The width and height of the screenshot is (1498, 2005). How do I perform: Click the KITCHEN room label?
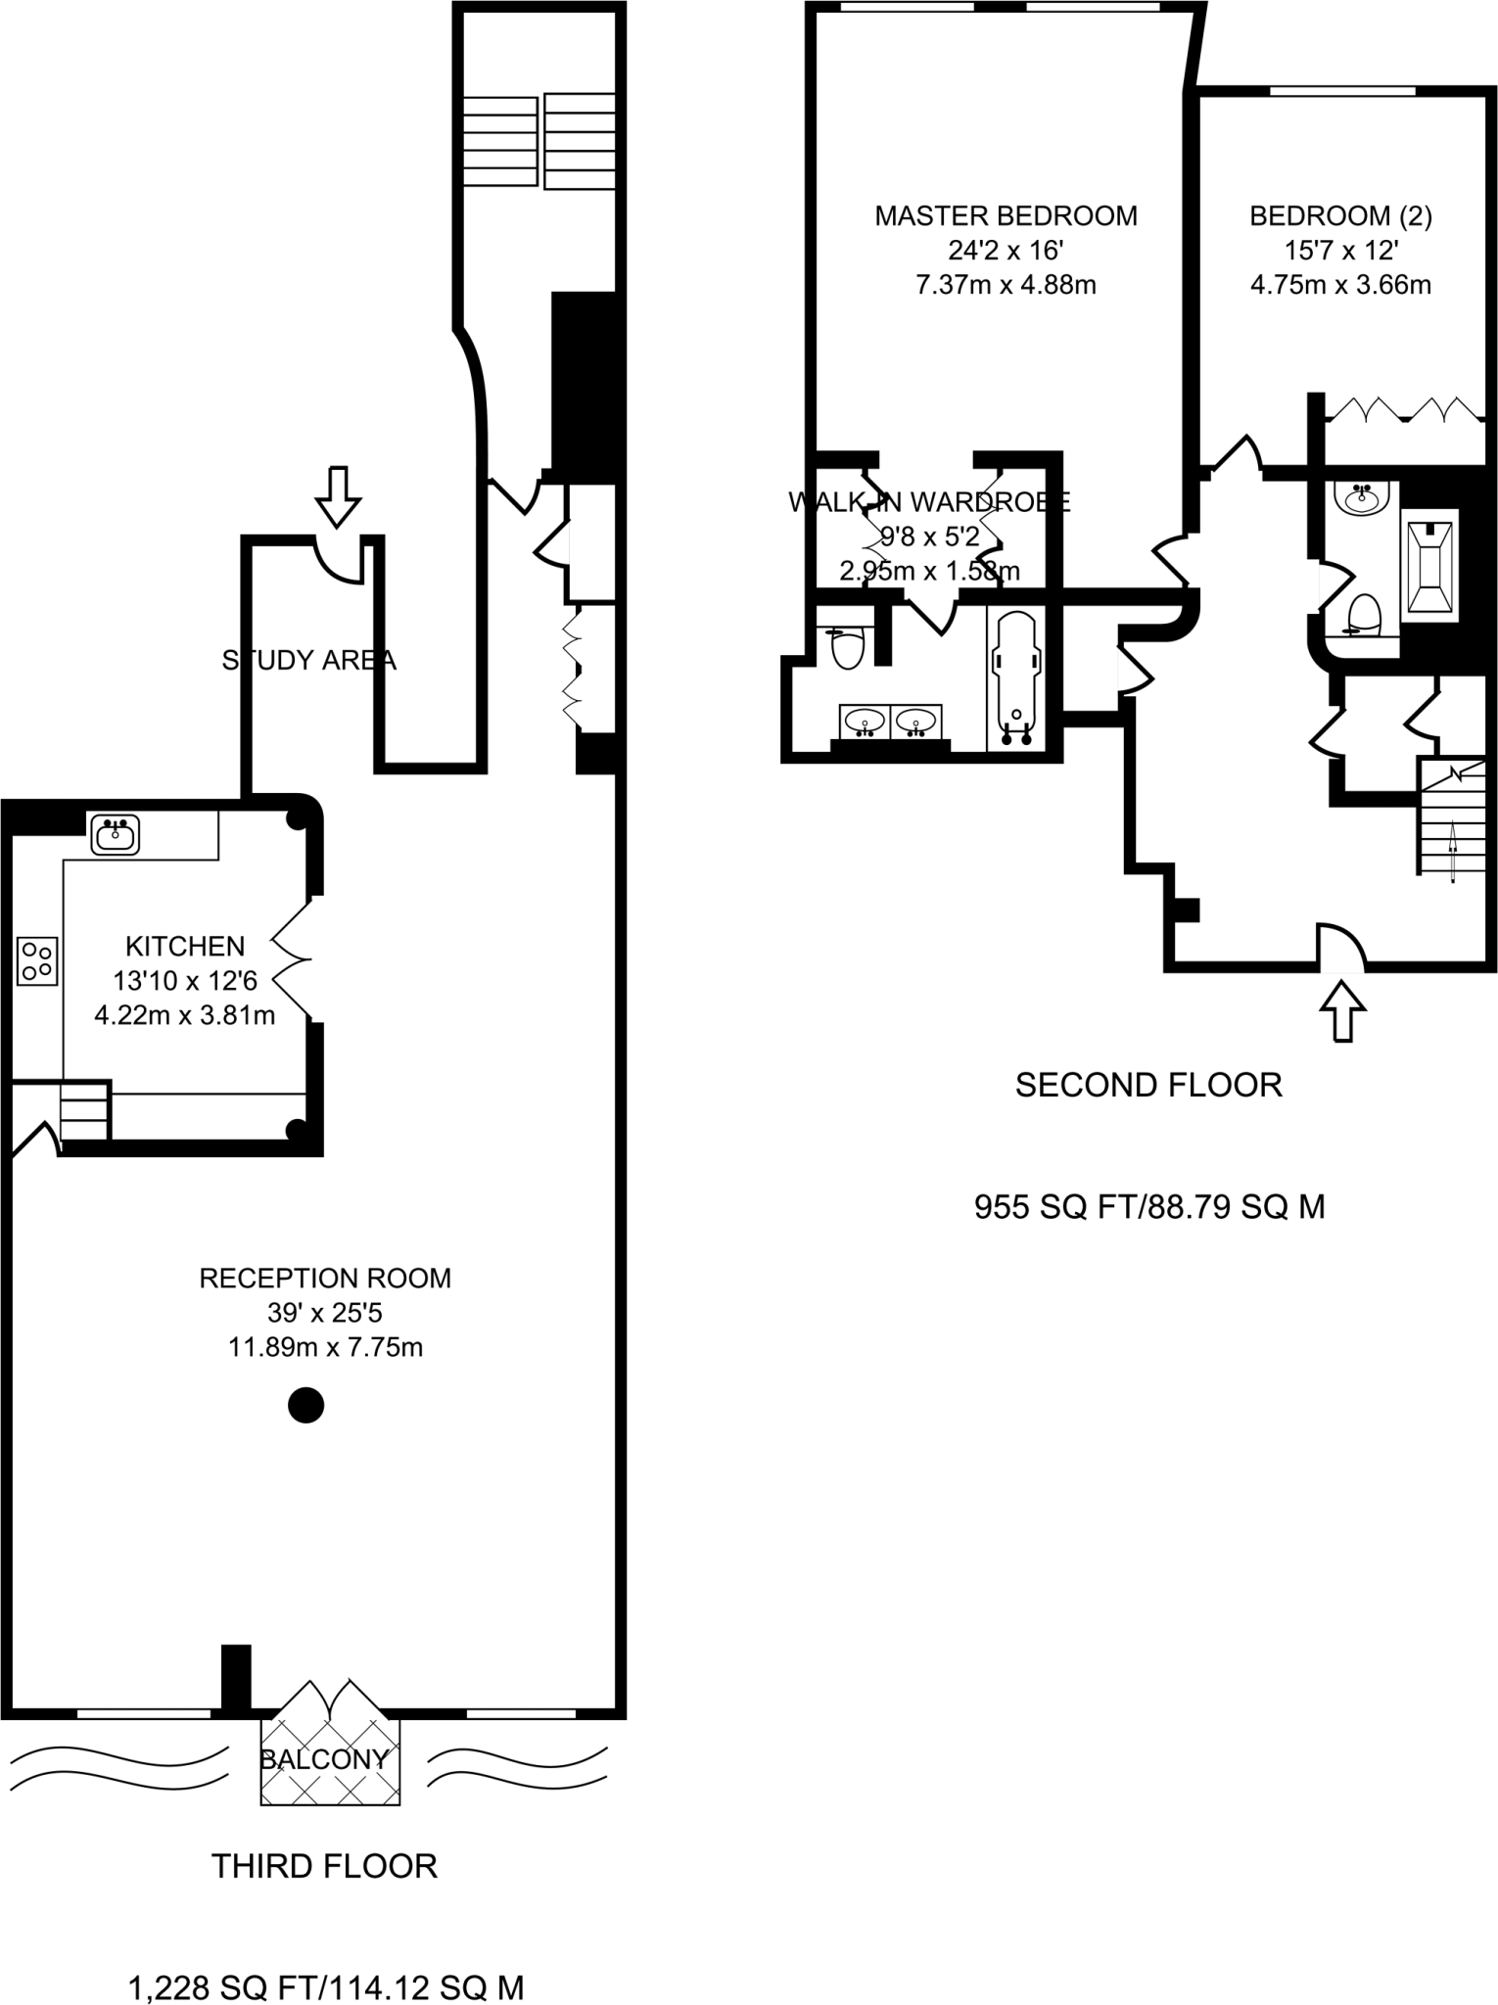pyautogui.click(x=185, y=947)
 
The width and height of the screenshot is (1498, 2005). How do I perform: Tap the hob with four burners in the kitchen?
pyautogui.click(x=37, y=960)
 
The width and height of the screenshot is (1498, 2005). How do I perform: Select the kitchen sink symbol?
pyautogui.click(x=116, y=835)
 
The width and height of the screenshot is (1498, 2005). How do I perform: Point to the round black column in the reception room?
pyautogui.click(x=305, y=1406)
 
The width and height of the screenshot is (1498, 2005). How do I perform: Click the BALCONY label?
pyautogui.click(x=324, y=1759)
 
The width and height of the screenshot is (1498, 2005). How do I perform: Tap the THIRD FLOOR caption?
pyautogui.click(x=324, y=1866)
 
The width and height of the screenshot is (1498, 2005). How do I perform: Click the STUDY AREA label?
pyautogui.click(x=308, y=661)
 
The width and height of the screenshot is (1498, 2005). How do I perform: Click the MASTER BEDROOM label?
pyautogui.click(x=1006, y=215)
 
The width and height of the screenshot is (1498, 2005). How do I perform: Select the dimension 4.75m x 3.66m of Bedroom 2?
pyautogui.click(x=1340, y=285)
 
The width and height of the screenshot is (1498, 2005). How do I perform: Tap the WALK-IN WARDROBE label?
pyautogui.click(x=929, y=502)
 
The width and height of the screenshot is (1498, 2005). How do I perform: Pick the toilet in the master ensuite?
pyautogui.click(x=847, y=646)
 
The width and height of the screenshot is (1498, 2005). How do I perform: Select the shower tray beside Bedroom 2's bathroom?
pyautogui.click(x=1430, y=566)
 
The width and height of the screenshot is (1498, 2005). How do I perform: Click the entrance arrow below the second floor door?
pyautogui.click(x=1343, y=1010)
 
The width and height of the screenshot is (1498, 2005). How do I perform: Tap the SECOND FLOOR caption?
pyautogui.click(x=1147, y=1085)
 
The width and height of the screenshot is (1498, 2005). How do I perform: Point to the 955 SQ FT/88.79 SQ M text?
pyautogui.click(x=1149, y=1207)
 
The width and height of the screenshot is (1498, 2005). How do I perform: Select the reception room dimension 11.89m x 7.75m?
pyautogui.click(x=325, y=1347)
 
